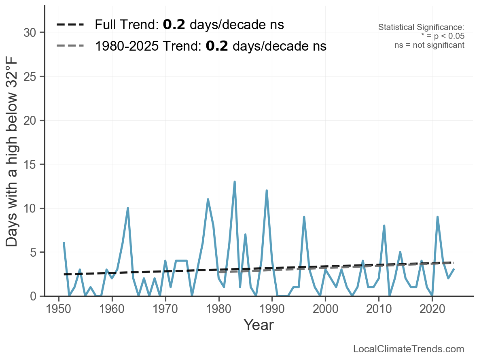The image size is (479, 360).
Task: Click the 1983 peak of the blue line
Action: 235,182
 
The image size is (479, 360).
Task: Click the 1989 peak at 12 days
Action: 267,191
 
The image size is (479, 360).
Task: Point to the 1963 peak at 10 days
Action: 128,208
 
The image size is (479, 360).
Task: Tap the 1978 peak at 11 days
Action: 208,199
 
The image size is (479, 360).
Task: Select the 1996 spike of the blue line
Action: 304,217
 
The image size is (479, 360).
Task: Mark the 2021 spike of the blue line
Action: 437,217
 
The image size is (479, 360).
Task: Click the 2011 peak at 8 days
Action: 384,226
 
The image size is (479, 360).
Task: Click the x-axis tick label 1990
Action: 272,310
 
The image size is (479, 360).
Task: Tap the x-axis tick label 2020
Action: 432,310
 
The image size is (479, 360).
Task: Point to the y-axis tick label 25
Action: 31,77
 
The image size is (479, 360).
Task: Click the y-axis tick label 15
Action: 31,164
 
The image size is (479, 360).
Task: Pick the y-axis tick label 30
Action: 31,32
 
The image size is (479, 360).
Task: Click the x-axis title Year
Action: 259,325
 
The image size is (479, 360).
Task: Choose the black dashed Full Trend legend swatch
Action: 70,25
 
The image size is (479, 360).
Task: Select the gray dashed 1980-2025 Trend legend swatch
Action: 70,46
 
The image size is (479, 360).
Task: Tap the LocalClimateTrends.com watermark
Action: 409,349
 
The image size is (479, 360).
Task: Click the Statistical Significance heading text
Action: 421,28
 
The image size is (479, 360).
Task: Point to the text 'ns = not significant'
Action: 429,45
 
